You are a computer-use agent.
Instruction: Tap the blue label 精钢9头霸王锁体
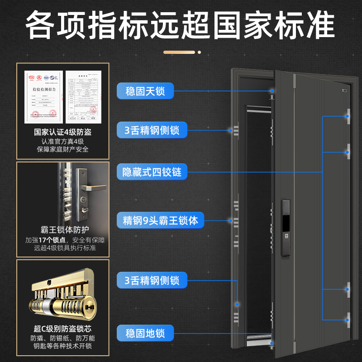161,221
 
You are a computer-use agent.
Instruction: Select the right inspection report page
83,97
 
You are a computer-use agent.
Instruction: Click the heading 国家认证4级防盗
63,133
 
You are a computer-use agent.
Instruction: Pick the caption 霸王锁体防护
62,229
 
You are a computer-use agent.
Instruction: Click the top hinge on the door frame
349,116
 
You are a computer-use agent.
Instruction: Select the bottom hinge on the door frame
349,319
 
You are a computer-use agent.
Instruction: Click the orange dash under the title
181,52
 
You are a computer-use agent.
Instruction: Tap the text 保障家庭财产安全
63,150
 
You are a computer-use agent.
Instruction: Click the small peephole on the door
344,90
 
